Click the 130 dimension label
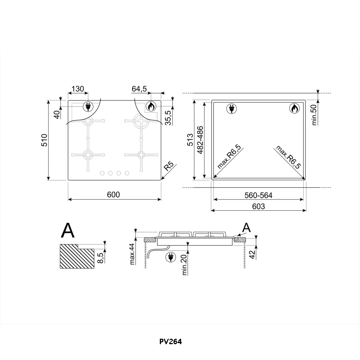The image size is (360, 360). click(x=78, y=89)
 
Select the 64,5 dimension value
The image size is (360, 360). click(x=139, y=89)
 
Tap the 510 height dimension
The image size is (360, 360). click(x=44, y=140)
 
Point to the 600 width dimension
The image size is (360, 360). click(x=113, y=195)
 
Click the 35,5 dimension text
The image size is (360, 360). click(x=168, y=118)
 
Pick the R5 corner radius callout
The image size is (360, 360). click(x=169, y=166)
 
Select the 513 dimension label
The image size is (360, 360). click(x=190, y=140)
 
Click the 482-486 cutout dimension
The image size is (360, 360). click(x=200, y=140)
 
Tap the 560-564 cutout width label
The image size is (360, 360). click(x=258, y=195)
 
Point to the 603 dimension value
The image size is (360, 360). click(x=258, y=206)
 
